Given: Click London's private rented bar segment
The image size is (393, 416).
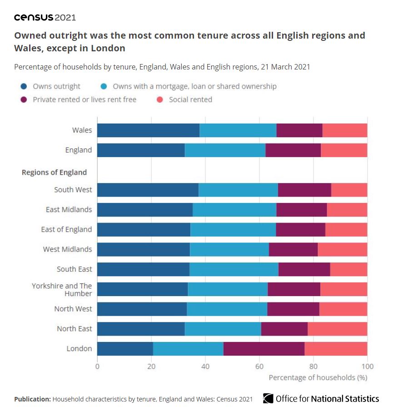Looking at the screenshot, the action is [x=264, y=349].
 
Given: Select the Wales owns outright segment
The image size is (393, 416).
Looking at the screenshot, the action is [x=148, y=130].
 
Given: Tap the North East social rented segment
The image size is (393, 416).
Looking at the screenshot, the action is [x=337, y=329].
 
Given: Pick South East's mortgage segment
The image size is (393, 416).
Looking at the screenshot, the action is [x=234, y=269].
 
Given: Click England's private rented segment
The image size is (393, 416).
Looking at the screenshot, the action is [x=293, y=150].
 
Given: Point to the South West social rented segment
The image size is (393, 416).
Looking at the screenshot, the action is [x=349, y=190].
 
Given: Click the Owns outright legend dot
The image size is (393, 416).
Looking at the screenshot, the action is [x=24, y=86].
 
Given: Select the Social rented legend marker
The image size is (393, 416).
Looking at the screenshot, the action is [x=160, y=100].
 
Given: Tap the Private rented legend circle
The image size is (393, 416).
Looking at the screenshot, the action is [x=24, y=100].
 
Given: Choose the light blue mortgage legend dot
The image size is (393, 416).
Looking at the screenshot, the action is [x=104, y=86].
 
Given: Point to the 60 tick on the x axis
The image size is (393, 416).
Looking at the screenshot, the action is [x=259, y=366].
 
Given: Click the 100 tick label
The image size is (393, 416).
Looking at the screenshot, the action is [x=368, y=366].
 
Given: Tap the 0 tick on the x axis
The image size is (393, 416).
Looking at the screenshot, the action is [x=97, y=366].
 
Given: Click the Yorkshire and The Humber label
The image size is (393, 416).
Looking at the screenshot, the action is [x=62, y=289].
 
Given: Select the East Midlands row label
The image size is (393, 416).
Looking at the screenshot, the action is [x=69, y=210].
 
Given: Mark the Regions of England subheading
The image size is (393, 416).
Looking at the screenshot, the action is [x=54, y=173].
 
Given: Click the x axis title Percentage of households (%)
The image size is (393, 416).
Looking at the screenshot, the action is [x=318, y=377].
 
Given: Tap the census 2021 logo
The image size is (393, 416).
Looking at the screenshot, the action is [x=45, y=18].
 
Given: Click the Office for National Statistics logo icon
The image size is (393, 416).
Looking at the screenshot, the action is [x=268, y=398].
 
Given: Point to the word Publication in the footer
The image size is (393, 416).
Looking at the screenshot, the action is [x=32, y=399].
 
